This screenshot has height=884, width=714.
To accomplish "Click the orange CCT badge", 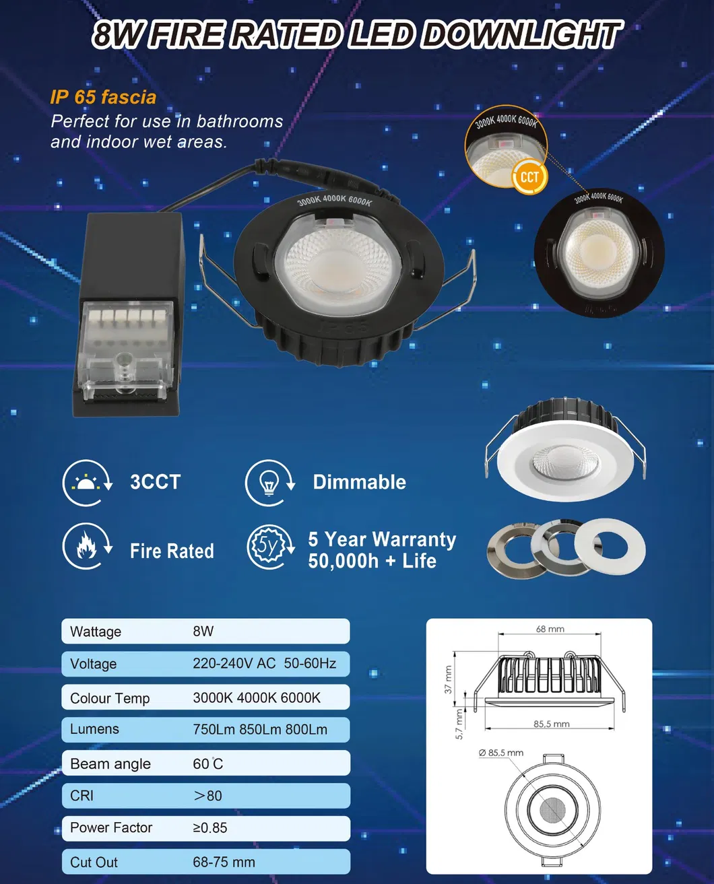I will pyautogui.click(x=529, y=177).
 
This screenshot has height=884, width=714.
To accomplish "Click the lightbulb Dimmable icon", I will pyautogui.click(x=269, y=483).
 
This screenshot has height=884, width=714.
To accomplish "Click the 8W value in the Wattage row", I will pyautogui.click(x=203, y=632).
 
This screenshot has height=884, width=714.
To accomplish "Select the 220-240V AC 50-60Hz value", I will pyautogui.click(x=264, y=664).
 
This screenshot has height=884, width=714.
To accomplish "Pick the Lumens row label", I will pyautogui.click(x=94, y=729).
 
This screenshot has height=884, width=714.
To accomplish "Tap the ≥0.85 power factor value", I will pyautogui.click(x=210, y=828).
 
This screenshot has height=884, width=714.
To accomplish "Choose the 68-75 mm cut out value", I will pyautogui.click(x=224, y=862).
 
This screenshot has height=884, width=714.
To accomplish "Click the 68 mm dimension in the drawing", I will pyautogui.click(x=550, y=629).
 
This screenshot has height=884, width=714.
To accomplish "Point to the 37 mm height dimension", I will pyautogui.click(x=449, y=679).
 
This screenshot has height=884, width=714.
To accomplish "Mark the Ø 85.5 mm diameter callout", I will pyautogui.click(x=501, y=753).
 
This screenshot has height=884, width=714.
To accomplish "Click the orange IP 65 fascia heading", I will pyautogui.click(x=103, y=97).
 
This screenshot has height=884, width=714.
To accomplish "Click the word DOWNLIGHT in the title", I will pyautogui.click(x=520, y=35).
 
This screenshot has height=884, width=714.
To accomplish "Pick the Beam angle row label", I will pyautogui.click(x=110, y=764).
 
